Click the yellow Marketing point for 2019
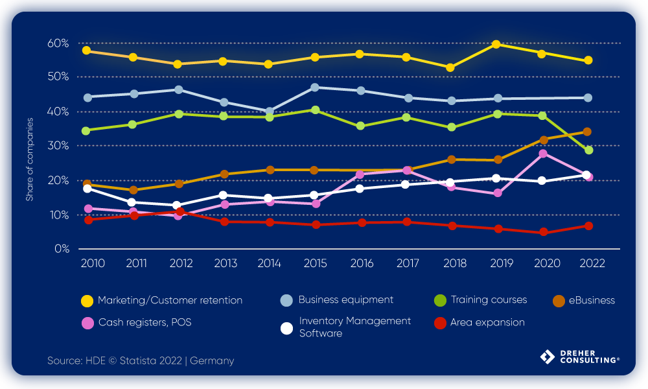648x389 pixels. [x=496, y=44]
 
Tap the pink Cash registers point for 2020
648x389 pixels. [x=543, y=154]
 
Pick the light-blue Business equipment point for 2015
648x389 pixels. [x=314, y=87]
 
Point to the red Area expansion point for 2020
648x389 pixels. [x=543, y=232]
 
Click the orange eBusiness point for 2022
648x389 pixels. [x=587, y=132]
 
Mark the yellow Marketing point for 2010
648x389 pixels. [x=87, y=51]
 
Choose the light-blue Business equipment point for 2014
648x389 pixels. [x=269, y=112]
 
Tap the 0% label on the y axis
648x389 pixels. [x=62, y=249]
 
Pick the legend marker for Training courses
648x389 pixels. [x=440, y=301]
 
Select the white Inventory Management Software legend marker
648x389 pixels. [x=286, y=327]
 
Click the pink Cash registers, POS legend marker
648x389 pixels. [x=86, y=323]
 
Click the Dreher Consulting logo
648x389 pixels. [x=579, y=358]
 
